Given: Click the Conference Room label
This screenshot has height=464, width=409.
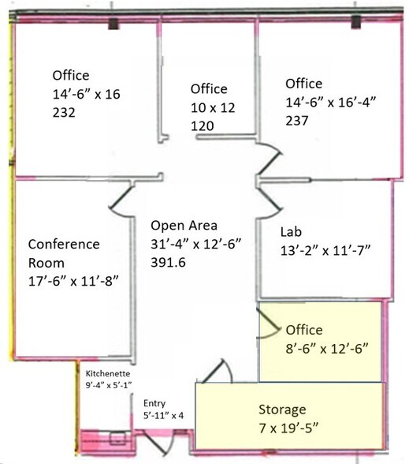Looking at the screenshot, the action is point(64,253).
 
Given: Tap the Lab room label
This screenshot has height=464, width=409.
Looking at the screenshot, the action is point(291,232).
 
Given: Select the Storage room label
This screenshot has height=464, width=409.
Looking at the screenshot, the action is point(282,410).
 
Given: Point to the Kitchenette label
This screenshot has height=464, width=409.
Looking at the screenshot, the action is point(108,373).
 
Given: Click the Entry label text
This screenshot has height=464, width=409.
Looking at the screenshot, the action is point(154,404).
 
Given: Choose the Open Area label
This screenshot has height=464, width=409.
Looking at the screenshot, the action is point(184,226).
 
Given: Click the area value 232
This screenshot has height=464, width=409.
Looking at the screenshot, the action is point(64,113).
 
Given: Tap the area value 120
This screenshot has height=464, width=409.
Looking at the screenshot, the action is point(202,126).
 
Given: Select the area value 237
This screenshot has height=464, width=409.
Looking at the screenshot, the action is point(296,121).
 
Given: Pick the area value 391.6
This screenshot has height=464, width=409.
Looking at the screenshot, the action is point(168,263).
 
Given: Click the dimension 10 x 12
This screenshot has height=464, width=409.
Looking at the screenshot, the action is point(213,107).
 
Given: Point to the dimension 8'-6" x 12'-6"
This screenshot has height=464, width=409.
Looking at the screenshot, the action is point(327,349).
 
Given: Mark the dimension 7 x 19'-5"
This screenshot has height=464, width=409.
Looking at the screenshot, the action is point(288,428).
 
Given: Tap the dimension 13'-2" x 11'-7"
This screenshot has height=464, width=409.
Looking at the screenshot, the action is point(325,251).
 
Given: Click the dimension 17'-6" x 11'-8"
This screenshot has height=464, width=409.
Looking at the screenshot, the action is point(73,281).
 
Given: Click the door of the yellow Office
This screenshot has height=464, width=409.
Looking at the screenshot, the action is point(269,324).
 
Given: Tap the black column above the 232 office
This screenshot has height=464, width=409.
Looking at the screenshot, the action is point(113,24).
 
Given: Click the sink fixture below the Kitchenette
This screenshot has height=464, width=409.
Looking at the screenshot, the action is point(117,438).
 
